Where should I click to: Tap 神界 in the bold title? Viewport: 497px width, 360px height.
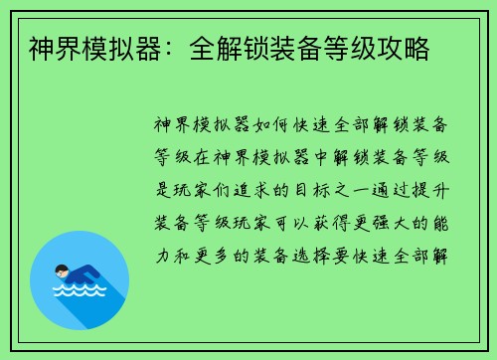(x=50, y=48)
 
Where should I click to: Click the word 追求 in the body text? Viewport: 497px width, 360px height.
(x=255, y=189)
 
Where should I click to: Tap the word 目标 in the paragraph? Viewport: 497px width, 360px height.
(x=319, y=189)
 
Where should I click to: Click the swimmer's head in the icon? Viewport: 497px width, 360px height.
(x=63, y=270)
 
